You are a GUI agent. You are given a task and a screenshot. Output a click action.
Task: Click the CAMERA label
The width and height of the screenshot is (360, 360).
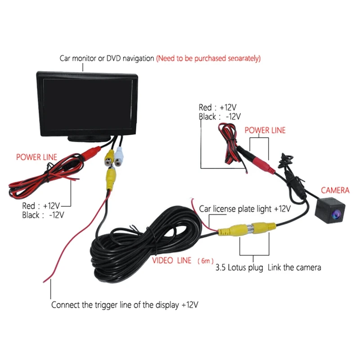[335, 190]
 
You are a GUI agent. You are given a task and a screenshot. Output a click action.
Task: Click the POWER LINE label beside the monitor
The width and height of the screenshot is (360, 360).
[36, 157]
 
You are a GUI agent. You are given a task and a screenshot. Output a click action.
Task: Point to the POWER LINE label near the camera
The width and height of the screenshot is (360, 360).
[265, 130]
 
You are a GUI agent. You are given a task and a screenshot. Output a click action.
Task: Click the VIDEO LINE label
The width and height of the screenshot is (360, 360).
[171, 261]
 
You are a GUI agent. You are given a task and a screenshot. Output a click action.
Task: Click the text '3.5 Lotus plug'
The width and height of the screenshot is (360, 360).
[240, 267]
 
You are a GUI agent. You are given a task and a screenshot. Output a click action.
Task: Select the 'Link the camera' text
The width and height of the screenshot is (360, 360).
[294, 267]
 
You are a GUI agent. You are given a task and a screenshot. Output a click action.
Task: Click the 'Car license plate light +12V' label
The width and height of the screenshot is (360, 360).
[245, 209]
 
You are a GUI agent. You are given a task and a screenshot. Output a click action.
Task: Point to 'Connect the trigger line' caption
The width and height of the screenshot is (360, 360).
[125, 305]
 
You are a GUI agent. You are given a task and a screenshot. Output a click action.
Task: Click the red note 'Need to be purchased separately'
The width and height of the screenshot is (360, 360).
[208, 58]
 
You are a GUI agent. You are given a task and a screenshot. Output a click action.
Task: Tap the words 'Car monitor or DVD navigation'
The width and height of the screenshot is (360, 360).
[107, 58]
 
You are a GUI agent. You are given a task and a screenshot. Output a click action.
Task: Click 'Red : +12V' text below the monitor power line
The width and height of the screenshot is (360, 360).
[41, 206]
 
